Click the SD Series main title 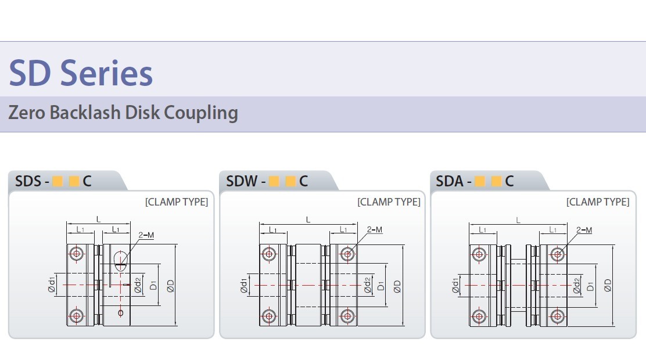tap(81, 73)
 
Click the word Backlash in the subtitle tap(85, 113)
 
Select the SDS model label tap(28, 181)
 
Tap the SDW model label tap(242, 181)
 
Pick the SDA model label tap(450, 181)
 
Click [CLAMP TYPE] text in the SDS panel tap(177, 202)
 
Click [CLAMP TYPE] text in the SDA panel tap(598, 202)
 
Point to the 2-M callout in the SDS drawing tap(146, 235)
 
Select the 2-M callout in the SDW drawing tap(375, 229)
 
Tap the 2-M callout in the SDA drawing tap(584, 230)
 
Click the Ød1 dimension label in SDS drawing tap(52, 285)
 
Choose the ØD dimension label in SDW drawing tap(397, 286)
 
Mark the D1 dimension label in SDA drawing tap(590, 286)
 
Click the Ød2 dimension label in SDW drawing tap(368, 285)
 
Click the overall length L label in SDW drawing tap(308, 220)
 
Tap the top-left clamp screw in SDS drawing tap(76, 253)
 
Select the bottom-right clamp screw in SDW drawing tap(347, 316)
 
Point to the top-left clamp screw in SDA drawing tap(479, 254)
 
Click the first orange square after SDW tap(274, 181)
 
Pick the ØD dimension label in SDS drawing tap(170, 286)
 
